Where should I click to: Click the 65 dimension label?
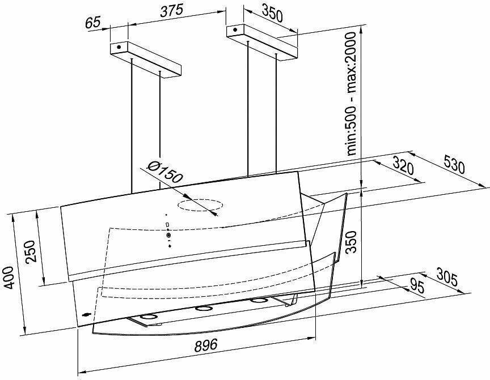pyautogui.click(x=93, y=23)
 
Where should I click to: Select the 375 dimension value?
pyautogui.click(x=172, y=11)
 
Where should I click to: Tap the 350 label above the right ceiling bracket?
pyautogui.click(x=272, y=13)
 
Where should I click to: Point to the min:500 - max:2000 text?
pyautogui.click(x=352, y=93)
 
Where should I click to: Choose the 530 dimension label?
pyautogui.click(x=454, y=164)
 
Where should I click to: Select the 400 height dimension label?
pyautogui.click(x=7, y=277)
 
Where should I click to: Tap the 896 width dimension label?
pyautogui.click(x=206, y=345)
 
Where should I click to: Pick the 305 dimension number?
pyautogui.click(x=447, y=277)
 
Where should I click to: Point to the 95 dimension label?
pyautogui.click(x=417, y=286)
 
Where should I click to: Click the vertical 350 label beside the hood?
pyautogui.click(x=352, y=242)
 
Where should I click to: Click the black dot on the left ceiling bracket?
pyautogui.click(x=119, y=48)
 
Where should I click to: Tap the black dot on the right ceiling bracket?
pyautogui.click(x=235, y=30)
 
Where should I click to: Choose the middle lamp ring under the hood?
pyautogui.click(x=203, y=309)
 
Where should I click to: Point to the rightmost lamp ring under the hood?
pyautogui.click(x=259, y=301)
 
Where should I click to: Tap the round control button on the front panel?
pyautogui.click(x=169, y=235)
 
